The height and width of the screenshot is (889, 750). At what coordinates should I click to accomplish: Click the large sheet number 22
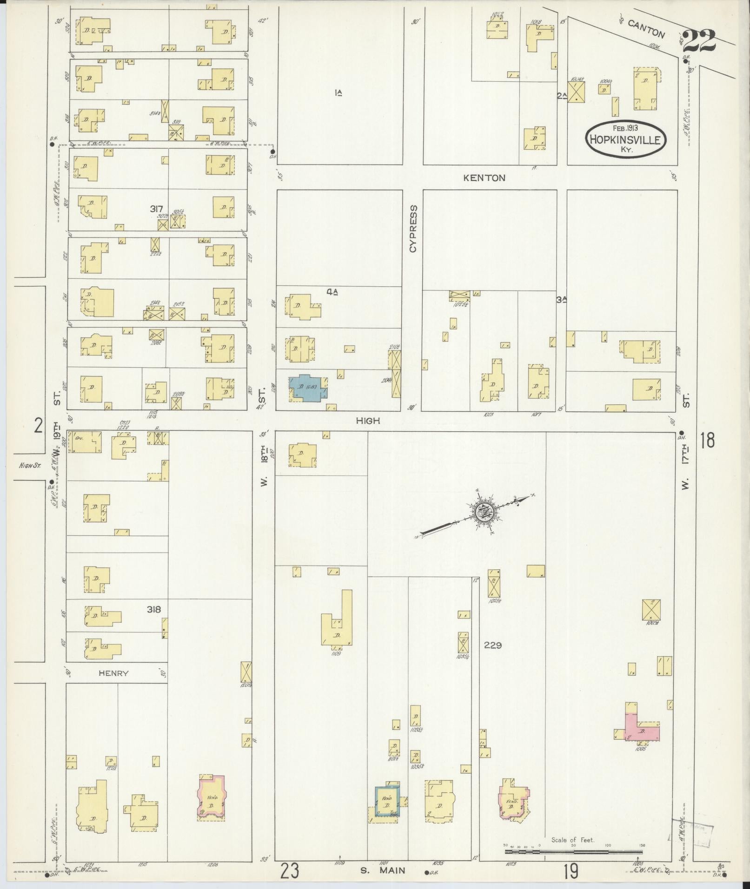(x=699, y=42)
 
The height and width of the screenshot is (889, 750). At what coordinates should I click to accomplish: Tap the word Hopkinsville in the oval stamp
(x=625, y=139)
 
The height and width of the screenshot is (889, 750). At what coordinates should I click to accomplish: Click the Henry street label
(x=113, y=673)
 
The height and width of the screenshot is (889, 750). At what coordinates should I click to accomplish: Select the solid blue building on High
(x=308, y=387)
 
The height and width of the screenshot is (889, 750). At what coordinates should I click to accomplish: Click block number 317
(x=156, y=209)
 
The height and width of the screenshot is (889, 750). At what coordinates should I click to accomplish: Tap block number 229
(x=492, y=645)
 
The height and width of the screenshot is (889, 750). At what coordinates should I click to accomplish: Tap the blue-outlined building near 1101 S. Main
(x=387, y=801)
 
